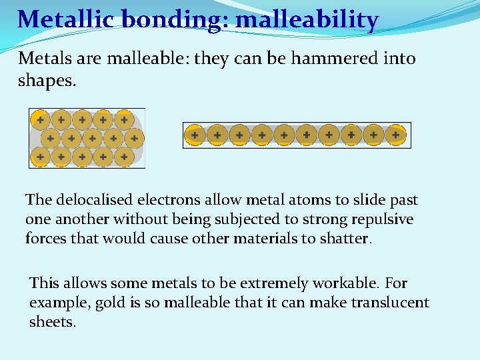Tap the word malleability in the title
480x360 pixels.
tap(307, 19)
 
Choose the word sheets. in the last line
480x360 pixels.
tap(53, 322)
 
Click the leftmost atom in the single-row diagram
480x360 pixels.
tap(194, 135)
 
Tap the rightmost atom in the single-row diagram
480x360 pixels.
tap(395, 135)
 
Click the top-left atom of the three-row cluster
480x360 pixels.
tap(40, 120)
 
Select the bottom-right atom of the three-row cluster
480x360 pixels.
tap(123, 157)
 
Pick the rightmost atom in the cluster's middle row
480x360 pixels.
tap(134, 139)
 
